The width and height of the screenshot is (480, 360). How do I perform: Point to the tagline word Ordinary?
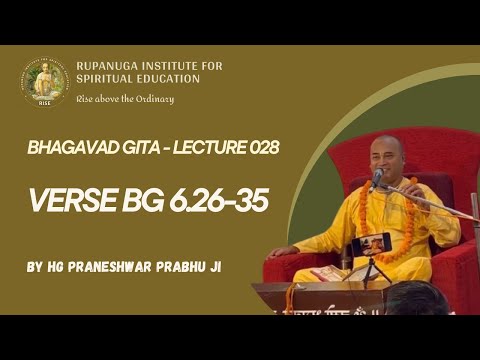(154, 98)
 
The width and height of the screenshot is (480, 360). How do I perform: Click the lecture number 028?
(259, 147)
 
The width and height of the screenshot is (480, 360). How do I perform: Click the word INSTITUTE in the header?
(184, 67)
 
